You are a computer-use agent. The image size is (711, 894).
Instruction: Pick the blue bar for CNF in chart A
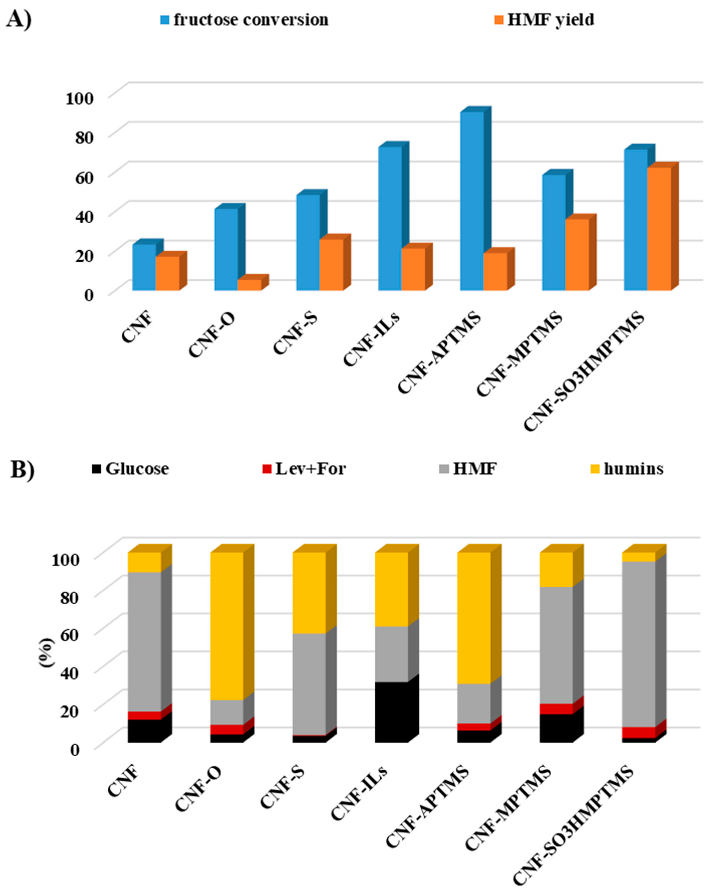click(x=144, y=267)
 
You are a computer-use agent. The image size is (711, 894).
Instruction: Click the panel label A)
click(x=19, y=19)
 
